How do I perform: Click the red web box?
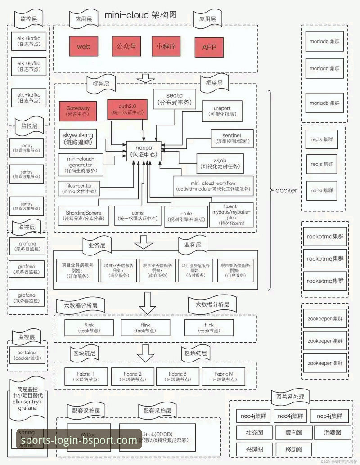pyautogui.click(x=84, y=46)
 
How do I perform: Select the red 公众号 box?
pyautogui.click(x=126, y=46)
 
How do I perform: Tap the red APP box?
pyautogui.click(x=209, y=47)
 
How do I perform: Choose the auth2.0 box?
pyautogui.click(x=127, y=108)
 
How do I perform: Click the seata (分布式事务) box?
pyautogui.click(x=175, y=98)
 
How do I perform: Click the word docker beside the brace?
pyautogui.click(x=286, y=190)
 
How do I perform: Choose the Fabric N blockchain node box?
pyautogui.click(x=224, y=376)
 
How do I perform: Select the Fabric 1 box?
pyautogui.click(x=85, y=376)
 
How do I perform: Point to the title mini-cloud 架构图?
pyautogui.click(x=141, y=15)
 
